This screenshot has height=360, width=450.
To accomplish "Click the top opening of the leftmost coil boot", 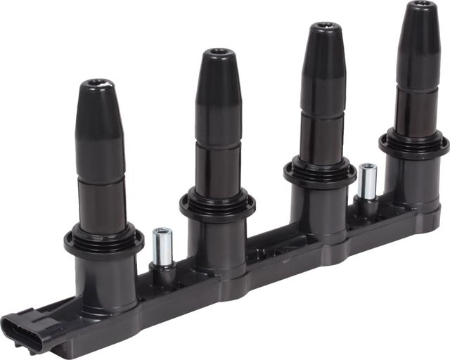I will click(96, 84).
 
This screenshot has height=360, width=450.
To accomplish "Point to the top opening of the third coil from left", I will click(323, 27).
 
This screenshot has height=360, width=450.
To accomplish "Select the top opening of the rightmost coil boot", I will click(422, 5).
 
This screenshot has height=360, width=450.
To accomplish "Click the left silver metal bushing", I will click(162, 245).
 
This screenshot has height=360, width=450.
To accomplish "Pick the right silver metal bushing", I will click(367, 181).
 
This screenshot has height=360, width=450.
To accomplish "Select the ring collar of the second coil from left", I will click(217, 204).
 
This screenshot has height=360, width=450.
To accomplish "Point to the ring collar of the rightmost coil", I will click(414, 143).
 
